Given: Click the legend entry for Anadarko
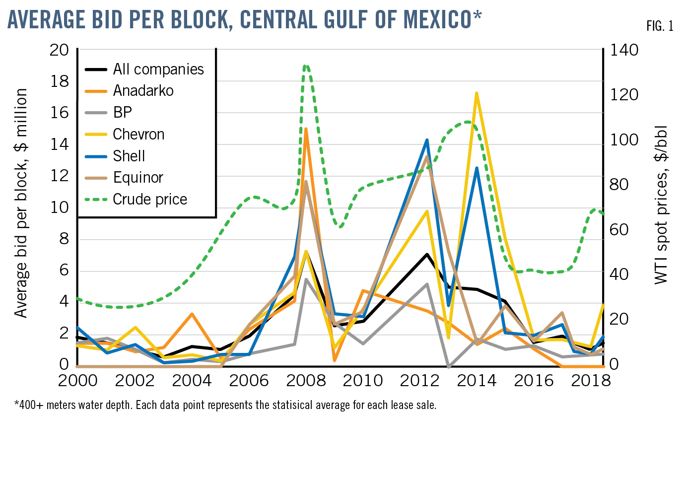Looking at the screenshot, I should [143, 91].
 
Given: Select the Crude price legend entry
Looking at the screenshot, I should [150, 199].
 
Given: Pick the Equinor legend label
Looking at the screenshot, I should [138, 177].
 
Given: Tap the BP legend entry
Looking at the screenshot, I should [122, 112].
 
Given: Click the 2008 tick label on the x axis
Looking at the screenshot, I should [306, 381].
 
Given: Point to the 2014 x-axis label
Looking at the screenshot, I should [477, 381].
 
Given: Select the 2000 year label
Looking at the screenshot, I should [78, 381].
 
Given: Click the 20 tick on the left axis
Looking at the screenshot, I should [60, 50].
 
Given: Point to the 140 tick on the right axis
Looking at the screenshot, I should [624, 50].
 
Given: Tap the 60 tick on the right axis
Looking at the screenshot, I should [619, 229].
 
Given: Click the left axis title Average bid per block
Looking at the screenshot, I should [20, 203].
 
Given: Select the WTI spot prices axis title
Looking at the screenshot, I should [661, 204].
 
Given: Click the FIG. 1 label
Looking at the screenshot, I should [660, 26].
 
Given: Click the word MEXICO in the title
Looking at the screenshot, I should [437, 20].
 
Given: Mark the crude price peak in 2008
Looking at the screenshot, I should [306, 66].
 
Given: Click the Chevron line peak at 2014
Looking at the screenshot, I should [477, 93].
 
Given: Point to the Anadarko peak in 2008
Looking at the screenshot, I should [306, 129].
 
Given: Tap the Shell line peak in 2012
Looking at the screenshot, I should [427, 140].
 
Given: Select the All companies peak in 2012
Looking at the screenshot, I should [427, 254].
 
